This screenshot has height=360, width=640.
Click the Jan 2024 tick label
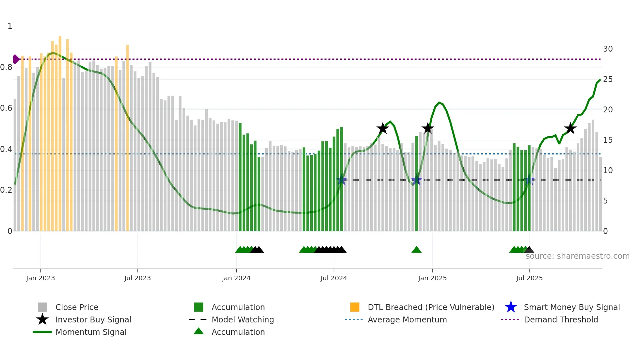(x=236, y=278)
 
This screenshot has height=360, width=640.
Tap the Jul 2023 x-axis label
(x=137, y=278)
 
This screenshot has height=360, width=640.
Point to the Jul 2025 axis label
(x=529, y=278)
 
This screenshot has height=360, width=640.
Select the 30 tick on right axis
(x=608, y=49)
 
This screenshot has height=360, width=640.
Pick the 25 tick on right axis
(x=608, y=79)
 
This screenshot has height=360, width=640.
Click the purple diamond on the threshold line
(x=16, y=59)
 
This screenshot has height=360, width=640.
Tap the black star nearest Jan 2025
(x=427, y=128)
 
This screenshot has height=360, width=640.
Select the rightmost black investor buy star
(x=570, y=128)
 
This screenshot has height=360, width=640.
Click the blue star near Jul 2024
(x=342, y=180)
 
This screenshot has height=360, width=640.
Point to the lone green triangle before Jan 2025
(x=416, y=250)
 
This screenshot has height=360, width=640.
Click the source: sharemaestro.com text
(x=577, y=256)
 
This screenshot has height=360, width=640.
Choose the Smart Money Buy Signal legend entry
(x=571, y=307)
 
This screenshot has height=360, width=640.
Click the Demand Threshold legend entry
(x=561, y=320)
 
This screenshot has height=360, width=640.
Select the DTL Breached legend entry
(x=431, y=307)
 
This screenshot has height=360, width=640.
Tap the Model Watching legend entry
(x=242, y=320)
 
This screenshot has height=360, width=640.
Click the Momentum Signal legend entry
(x=91, y=332)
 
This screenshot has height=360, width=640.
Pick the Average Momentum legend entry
(x=407, y=320)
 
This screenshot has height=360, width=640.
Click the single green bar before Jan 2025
(x=416, y=183)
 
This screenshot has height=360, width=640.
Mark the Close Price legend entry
(x=76, y=307)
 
